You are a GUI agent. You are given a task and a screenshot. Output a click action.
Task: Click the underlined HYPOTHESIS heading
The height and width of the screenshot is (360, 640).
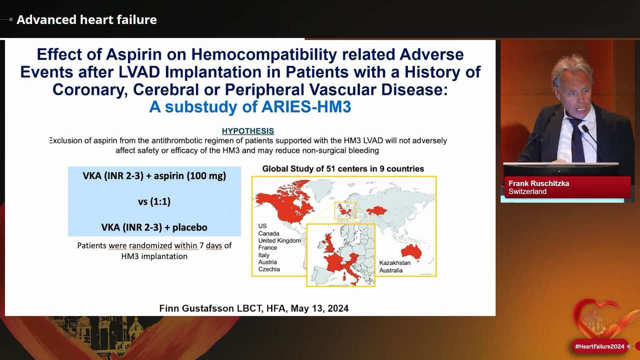(248, 131)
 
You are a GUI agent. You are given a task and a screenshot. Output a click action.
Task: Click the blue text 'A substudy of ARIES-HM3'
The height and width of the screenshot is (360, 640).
(250, 107)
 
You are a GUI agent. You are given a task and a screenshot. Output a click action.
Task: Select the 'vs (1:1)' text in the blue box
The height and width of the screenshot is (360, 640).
(154, 201)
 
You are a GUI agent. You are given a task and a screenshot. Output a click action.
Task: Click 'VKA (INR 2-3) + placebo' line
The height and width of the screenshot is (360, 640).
(154, 227)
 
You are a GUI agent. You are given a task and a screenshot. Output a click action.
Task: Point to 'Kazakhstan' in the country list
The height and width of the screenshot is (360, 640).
(395, 263)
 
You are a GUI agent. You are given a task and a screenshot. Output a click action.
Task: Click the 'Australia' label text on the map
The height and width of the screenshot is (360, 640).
(391, 270)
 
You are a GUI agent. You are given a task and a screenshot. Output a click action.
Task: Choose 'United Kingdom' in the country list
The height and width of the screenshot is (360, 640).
(279, 240)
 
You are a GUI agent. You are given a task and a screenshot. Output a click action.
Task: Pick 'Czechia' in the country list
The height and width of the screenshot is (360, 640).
(269, 269)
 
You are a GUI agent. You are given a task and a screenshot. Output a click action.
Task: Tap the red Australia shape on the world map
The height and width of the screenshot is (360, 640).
(411, 251)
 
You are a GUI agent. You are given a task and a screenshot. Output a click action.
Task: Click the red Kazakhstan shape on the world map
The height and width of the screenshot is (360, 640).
(376, 211)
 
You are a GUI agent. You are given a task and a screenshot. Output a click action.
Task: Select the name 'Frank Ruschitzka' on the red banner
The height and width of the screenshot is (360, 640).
(539, 183)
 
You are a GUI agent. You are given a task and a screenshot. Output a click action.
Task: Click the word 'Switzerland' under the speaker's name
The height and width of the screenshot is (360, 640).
(527, 191)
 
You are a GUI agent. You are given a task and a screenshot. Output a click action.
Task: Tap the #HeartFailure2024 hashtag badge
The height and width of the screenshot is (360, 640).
(599, 346)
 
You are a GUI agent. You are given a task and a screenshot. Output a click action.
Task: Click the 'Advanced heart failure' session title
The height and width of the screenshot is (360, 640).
(86, 19)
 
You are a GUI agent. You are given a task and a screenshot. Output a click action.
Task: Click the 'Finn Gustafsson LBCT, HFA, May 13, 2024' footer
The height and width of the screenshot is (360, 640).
(254, 308)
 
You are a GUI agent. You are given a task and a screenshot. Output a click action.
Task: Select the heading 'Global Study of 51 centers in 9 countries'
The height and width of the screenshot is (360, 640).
(343, 169)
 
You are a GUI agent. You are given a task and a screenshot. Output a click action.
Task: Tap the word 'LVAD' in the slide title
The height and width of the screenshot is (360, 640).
(139, 72)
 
